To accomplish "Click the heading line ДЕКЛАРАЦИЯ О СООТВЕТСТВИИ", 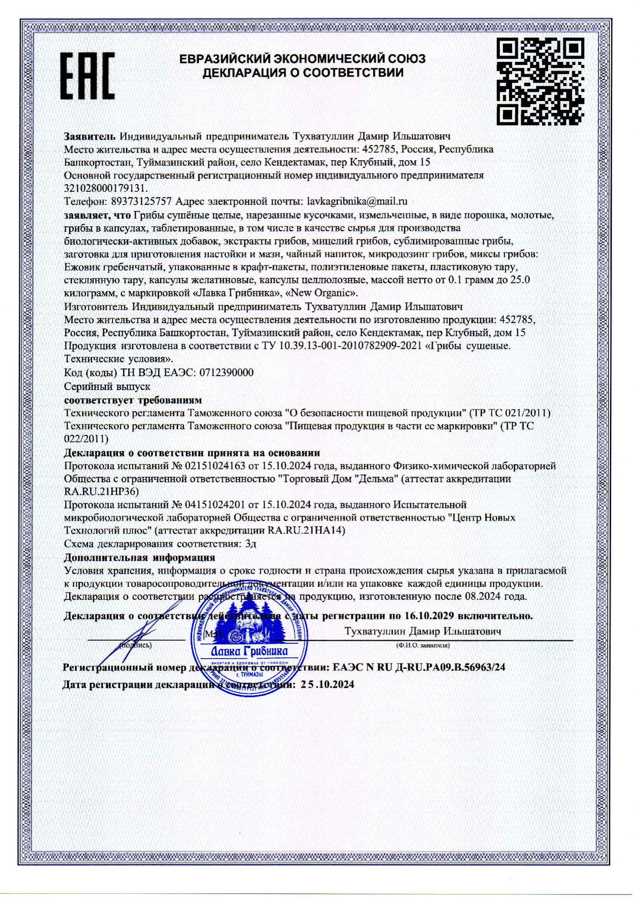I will [x=302, y=73].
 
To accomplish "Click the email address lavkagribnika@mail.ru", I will [x=357, y=202].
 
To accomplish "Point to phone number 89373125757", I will [x=141, y=202].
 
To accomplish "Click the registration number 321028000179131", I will [x=106, y=189].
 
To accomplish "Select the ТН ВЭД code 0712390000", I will [x=226, y=372].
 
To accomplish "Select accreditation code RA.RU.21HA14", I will [x=306, y=531].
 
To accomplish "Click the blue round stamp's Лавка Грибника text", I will [x=249, y=651].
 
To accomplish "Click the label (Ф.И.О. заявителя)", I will [x=422, y=645].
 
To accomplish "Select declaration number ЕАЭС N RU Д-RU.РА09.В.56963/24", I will [x=418, y=667].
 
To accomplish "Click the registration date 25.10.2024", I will [x=327, y=684].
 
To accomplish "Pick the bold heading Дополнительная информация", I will [x=139, y=557].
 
